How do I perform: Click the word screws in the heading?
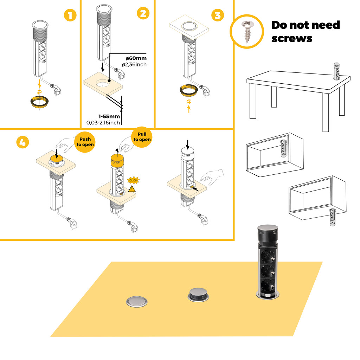(292, 38)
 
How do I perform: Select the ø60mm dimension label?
(136, 58)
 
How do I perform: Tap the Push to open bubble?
(85, 142)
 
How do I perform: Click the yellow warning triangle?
(132, 189)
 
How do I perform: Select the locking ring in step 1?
(39, 103)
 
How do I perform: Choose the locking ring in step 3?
(189, 91)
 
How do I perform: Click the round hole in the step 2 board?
(103, 83)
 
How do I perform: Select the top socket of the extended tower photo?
(269, 253)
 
